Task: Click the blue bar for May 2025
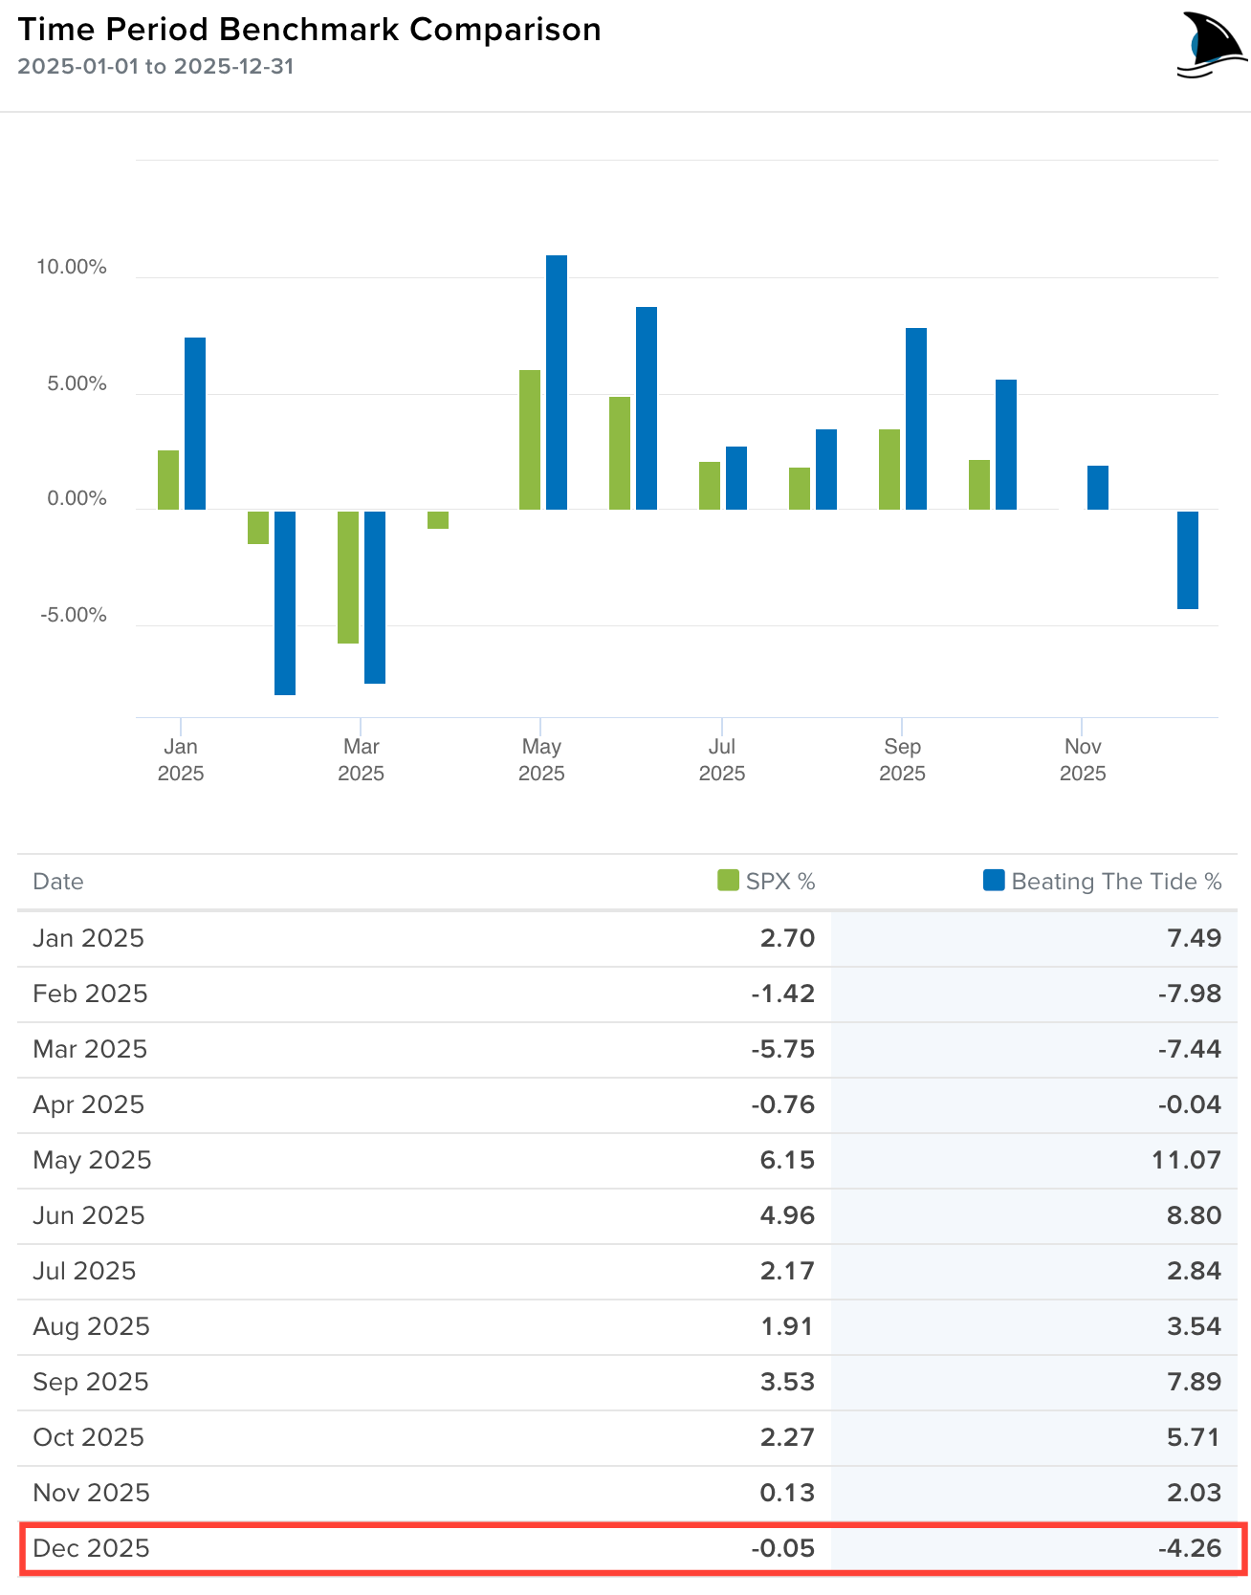click(x=556, y=382)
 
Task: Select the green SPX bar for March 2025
click(x=347, y=577)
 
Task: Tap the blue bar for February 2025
click(x=284, y=602)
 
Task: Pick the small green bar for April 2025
click(x=438, y=519)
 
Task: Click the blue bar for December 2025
click(x=1187, y=559)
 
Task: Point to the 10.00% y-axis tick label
click(x=72, y=268)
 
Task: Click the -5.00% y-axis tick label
click(x=74, y=615)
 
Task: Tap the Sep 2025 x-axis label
click(x=902, y=759)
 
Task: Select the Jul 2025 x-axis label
click(x=721, y=759)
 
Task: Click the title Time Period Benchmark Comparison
click(x=309, y=30)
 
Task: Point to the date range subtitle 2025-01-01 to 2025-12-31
click(x=155, y=67)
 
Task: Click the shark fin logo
click(x=1210, y=45)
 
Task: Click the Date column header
click(x=58, y=882)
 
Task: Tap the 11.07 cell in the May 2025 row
click(x=1186, y=1160)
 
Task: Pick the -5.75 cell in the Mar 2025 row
click(x=782, y=1049)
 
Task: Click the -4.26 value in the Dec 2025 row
click(x=1190, y=1548)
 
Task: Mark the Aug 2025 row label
click(x=91, y=1326)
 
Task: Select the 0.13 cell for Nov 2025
click(x=787, y=1493)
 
